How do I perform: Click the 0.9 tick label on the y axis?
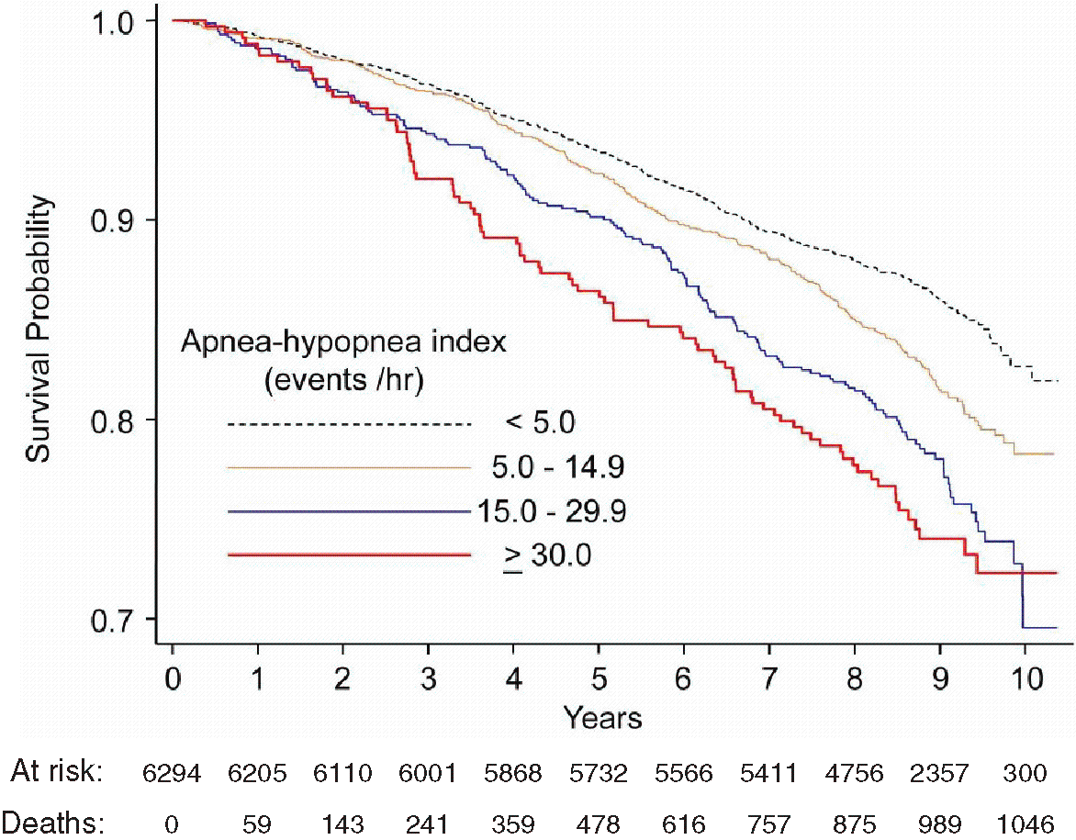click(x=114, y=219)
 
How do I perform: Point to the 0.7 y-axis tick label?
click(x=114, y=619)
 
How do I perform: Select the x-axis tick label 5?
click(x=600, y=678)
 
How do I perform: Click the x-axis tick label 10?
click(x=1026, y=678)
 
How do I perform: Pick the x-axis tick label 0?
click(x=173, y=678)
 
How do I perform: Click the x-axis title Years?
click(x=603, y=718)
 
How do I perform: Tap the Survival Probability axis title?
click(x=39, y=329)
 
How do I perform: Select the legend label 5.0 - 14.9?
click(x=558, y=467)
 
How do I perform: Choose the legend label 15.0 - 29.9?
click(x=551, y=512)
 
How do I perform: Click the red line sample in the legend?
click(x=349, y=554)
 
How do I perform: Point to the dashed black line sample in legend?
click(x=349, y=424)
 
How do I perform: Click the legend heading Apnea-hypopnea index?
click(x=343, y=342)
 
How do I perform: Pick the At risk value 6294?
click(x=172, y=773)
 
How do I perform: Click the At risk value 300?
click(x=1026, y=773)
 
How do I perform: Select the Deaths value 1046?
click(x=1025, y=823)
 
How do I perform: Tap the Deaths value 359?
click(x=513, y=823)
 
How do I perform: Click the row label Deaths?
click(x=53, y=823)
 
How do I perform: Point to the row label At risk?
click(x=57, y=772)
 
